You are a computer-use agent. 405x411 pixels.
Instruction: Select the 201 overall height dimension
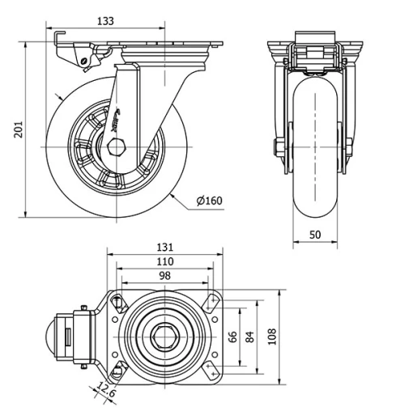(x=17, y=129)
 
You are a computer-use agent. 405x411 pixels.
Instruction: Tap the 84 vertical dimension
(x=250, y=336)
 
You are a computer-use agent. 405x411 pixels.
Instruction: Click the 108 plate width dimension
(x=272, y=335)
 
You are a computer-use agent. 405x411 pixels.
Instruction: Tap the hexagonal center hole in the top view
(x=166, y=335)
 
